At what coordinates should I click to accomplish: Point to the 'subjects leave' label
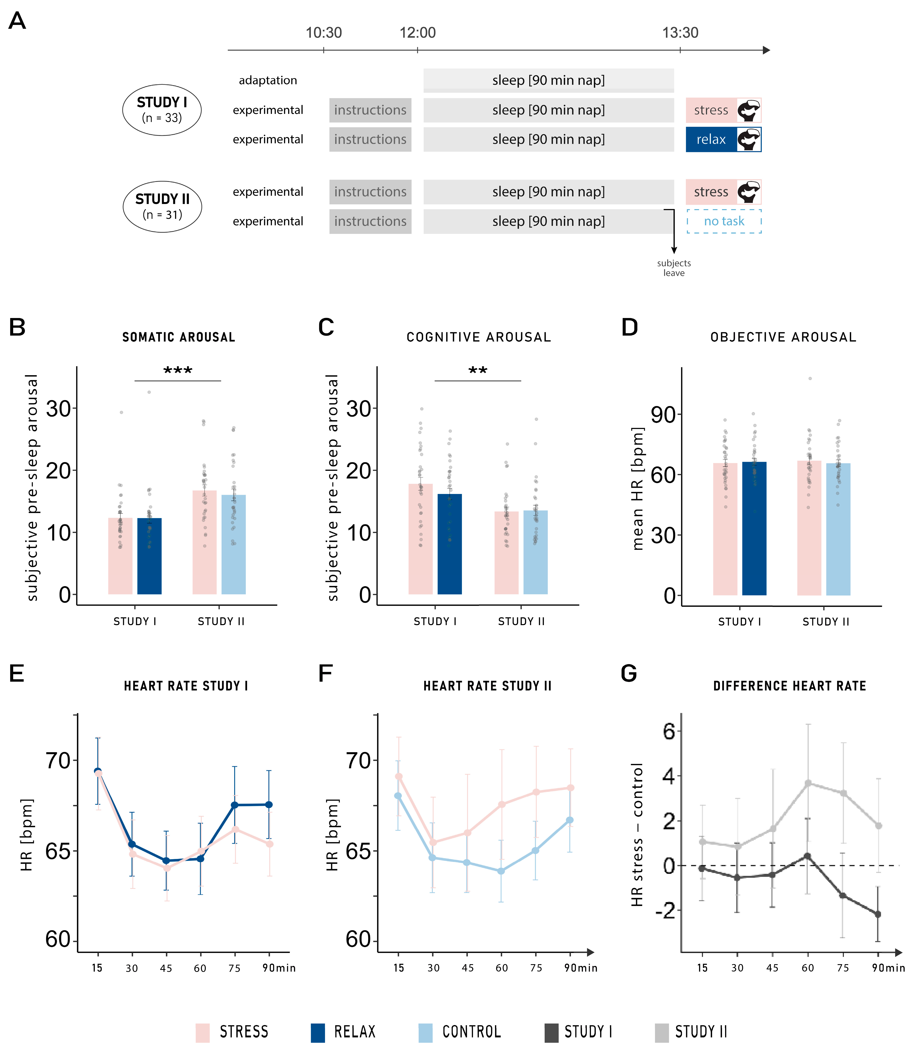point(674,268)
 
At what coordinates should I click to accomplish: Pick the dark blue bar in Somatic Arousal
point(150,556)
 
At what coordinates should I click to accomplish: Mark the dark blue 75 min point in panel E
point(235,805)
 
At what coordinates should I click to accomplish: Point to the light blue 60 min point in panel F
point(501,871)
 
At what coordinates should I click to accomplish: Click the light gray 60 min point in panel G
point(808,783)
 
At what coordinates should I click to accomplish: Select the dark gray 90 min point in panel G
point(878,914)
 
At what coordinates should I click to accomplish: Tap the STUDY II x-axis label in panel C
point(521,621)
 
